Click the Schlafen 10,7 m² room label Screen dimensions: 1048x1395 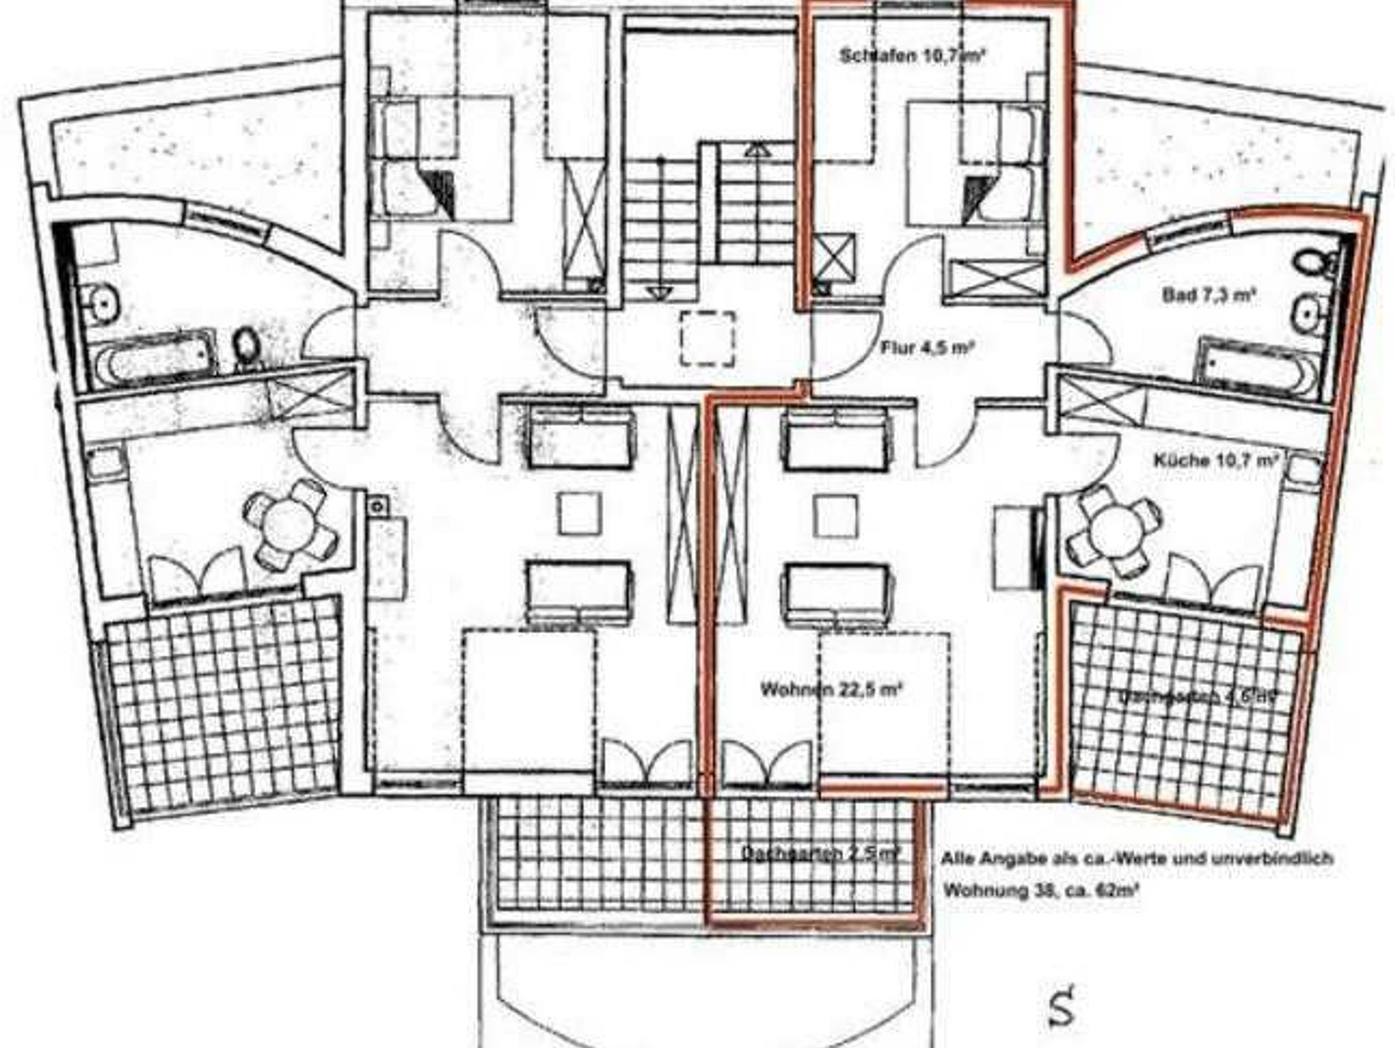coord(913,55)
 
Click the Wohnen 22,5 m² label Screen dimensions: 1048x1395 coord(831,689)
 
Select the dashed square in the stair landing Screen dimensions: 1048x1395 coord(708,339)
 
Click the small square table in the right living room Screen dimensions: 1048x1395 coord(837,515)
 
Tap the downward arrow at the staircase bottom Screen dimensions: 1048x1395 coord(659,293)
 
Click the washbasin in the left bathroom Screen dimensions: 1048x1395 coord(100,300)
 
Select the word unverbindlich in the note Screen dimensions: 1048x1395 coord(1271,859)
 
